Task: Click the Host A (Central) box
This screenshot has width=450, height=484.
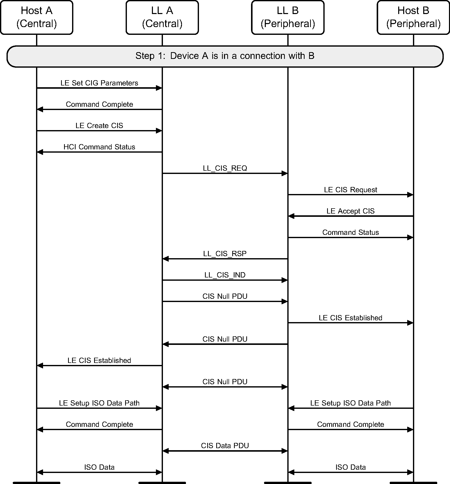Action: pos(37,17)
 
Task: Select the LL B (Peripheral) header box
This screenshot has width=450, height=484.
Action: pos(288,17)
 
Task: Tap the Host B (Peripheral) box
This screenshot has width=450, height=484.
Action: pos(413,17)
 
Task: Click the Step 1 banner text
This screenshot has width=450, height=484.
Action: pos(225,56)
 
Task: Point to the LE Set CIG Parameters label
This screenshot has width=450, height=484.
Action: pos(99,83)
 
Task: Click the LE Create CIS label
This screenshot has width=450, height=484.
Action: pos(99,126)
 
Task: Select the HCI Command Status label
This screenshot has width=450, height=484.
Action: pos(99,147)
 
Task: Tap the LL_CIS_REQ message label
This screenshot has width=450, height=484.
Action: pos(225,168)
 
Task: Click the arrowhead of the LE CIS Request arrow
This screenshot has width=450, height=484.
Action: pos(410,195)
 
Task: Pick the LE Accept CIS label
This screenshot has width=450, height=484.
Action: pos(350,211)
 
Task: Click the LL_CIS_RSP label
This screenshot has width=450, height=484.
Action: pos(225,254)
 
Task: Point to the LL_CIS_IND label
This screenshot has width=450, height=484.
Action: pos(225,275)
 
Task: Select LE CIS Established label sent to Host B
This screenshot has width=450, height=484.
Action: pos(350,318)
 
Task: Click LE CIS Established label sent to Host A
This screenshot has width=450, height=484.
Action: pos(99,360)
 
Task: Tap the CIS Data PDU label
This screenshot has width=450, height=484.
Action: pos(225,446)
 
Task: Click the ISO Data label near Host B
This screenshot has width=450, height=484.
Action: pos(350,467)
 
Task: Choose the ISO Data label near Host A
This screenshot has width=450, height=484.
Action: pos(99,467)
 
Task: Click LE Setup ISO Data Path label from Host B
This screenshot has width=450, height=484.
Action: pos(350,403)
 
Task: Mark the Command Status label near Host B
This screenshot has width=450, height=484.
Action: pos(350,232)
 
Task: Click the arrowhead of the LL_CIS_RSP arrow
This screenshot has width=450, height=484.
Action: pos(166,259)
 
